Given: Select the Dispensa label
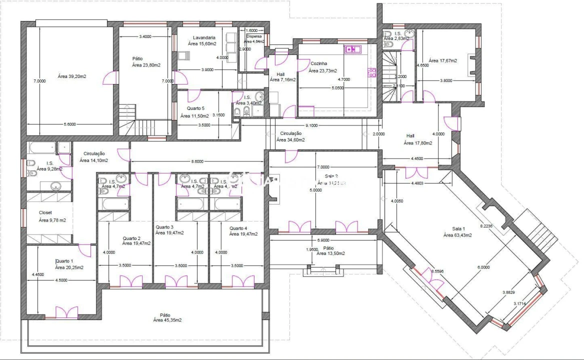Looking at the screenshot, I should coord(255,36).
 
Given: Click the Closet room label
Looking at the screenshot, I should coord(45,212).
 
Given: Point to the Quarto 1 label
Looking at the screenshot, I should coord(65,261).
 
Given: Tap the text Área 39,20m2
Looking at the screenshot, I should coord(72,76).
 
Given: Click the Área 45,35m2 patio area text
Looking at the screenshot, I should coord(167,320).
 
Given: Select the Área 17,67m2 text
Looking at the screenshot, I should coord(442,60).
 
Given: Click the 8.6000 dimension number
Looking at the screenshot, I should coord(197,162).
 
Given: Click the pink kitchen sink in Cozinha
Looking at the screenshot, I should coord(352,49).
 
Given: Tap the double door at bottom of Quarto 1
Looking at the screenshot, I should coord(66,312).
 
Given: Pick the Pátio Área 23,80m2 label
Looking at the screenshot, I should coord(145,61).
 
